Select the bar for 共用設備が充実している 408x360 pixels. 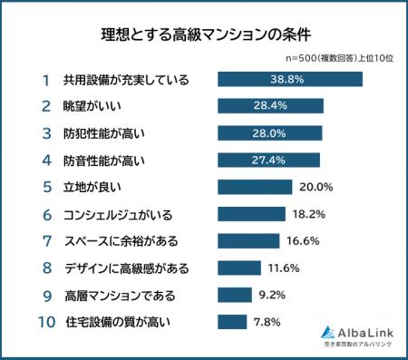click(289, 80)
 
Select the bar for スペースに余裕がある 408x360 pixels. click(248, 241)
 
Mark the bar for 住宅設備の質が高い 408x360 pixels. click(232, 322)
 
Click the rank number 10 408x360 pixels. click(44, 322)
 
